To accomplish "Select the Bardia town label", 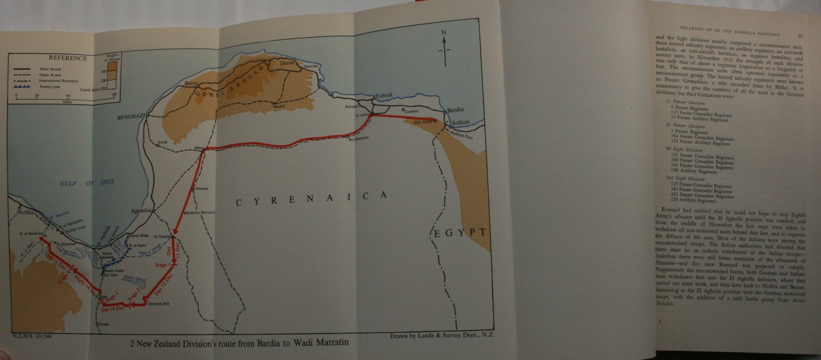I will coord(456,110).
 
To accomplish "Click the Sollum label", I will coord(460,123).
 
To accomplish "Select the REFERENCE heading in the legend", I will coord(68,58).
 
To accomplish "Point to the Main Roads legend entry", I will coord(51,69).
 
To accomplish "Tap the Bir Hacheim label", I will coord(359,139).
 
